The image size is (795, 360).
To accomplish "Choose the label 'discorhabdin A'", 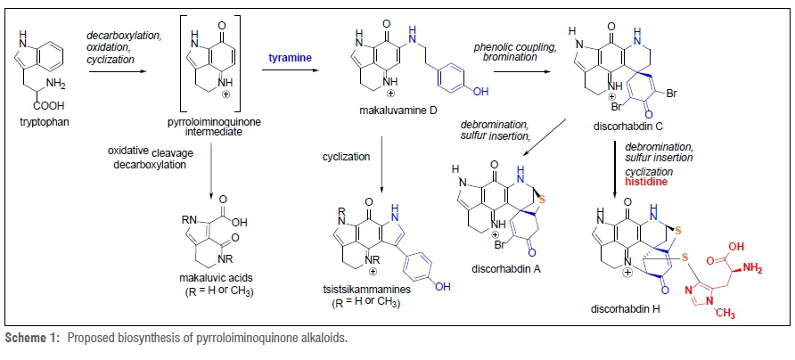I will [x=503, y=266].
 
